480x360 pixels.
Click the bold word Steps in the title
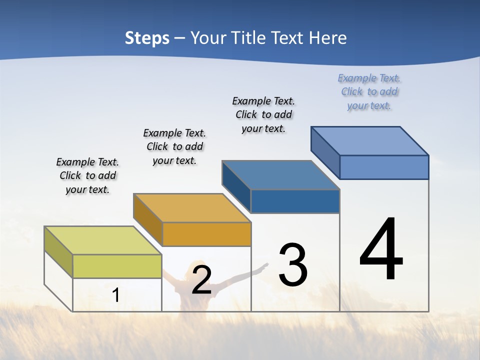pos(147,38)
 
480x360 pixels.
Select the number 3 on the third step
pos(293,264)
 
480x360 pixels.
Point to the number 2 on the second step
pos(201,280)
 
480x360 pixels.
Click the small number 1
pos(115,295)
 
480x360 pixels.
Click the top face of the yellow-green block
pos(103,240)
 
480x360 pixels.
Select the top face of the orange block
pos(192,208)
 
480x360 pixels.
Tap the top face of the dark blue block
pos(280,175)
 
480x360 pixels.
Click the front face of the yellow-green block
pos(117,266)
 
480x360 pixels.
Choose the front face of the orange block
pos(206,234)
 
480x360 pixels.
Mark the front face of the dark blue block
pos(295,201)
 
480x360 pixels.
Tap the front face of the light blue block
pos(384,167)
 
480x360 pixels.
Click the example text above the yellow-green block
pos(87,175)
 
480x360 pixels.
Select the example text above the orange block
pos(174,146)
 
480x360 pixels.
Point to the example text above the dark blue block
pos(263,114)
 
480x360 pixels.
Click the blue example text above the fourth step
pos(369,91)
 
